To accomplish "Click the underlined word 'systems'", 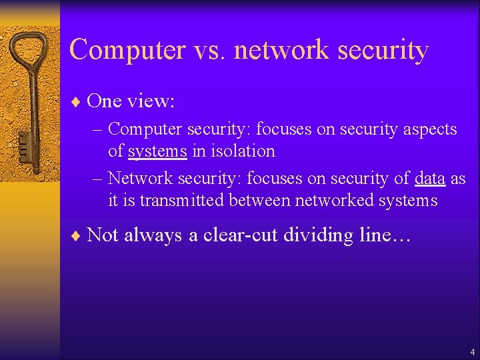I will (x=157, y=151).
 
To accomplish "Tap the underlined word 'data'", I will (x=429, y=179).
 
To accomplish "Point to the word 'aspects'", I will (x=430, y=129).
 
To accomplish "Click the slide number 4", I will (x=472, y=351).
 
